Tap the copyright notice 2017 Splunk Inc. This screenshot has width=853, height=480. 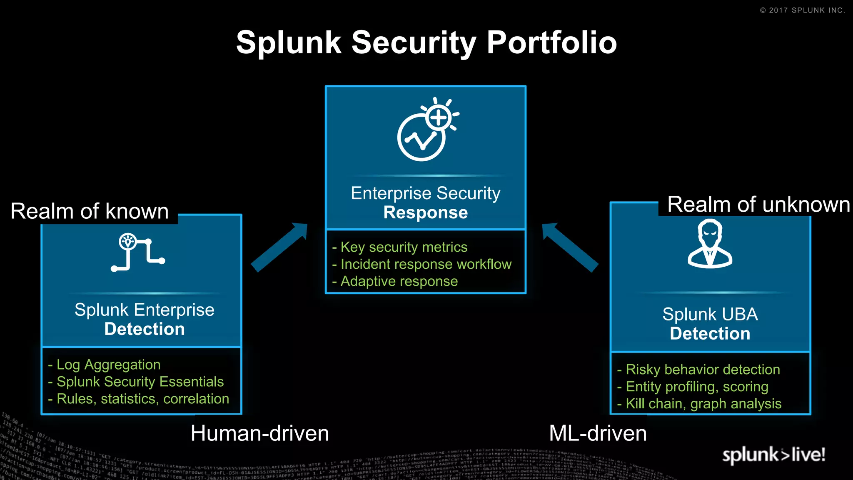click(802, 10)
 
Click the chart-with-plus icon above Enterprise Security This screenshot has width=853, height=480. click(426, 129)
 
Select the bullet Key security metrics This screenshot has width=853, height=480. click(403, 247)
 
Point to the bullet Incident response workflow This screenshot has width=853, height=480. click(425, 264)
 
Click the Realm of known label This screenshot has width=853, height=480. click(90, 211)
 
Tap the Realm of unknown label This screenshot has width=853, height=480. click(758, 205)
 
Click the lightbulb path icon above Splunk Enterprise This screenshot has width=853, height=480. click(137, 252)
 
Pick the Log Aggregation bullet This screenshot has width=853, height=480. click(108, 365)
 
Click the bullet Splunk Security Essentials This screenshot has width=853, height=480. click(140, 382)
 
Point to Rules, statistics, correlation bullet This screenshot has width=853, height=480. click(142, 399)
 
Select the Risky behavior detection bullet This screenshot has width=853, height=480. click(702, 370)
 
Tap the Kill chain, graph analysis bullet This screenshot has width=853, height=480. click(703, 404)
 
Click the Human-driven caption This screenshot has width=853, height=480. click(259, 433)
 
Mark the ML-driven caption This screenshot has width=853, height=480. click(598, 433)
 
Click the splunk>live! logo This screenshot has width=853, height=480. click(773, 455)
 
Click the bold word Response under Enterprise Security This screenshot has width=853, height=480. click(425, 212)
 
